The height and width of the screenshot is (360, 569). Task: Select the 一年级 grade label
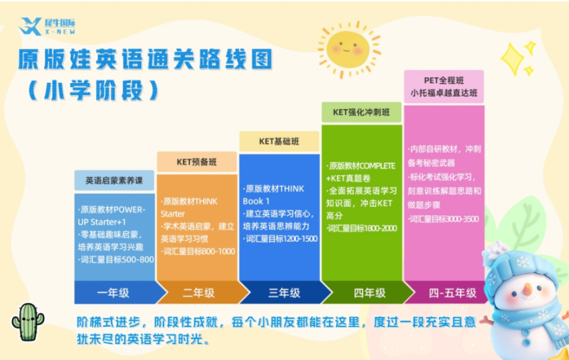pyautogui.click(x=114, y=292)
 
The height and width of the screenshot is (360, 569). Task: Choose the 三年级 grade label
pyautogui.click(x=279, y=292)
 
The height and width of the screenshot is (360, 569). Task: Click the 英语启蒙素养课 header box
pyautogui.click(x=114, y=180)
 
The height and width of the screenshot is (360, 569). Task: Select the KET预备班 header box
pyautogui.click(x=197, y=161)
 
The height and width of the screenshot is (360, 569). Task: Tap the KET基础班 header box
pyautogui.click(x=279, y=141)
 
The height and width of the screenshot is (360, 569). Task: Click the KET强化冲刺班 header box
pyautogui.click(x=361, y=112)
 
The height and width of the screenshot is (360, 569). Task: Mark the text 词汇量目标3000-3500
pyautogui.click(x=444, y=219)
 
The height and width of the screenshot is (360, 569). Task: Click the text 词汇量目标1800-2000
pyautogui.click(x=362, y=228)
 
